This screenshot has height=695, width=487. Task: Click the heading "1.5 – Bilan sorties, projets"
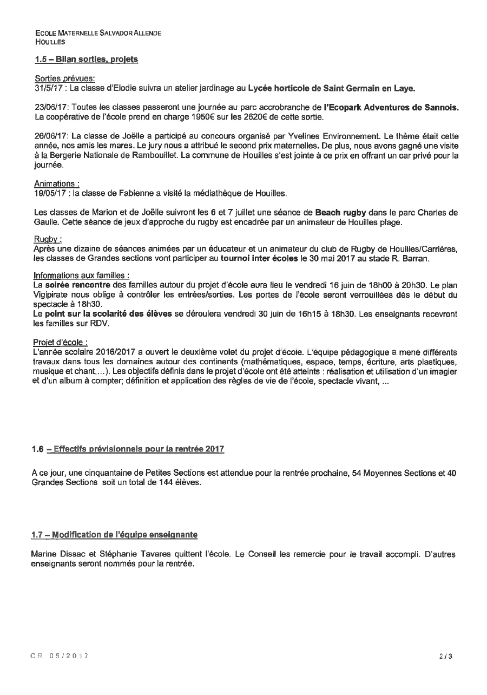(x=86, y=60)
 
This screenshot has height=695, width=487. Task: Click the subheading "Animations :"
(x=54, y=184)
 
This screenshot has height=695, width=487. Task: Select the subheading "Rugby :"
(x=48, y=239)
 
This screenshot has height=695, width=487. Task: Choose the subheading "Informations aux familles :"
(x=81, y=275)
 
